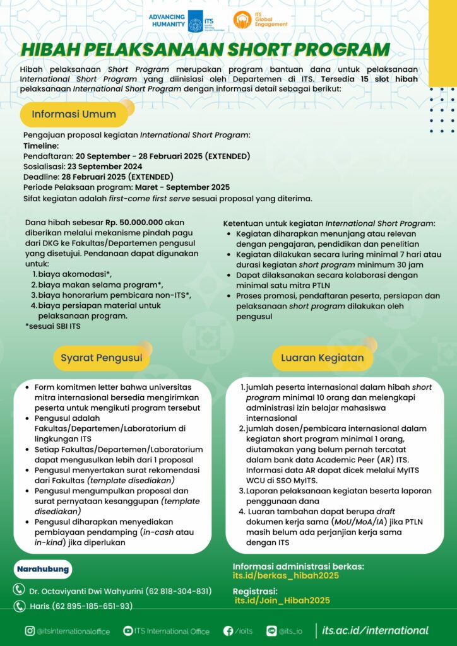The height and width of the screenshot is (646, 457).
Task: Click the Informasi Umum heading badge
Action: tap(74, 115)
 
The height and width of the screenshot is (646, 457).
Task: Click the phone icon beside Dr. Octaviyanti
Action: tap(20, 590)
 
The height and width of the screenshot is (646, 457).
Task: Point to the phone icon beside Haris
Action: tap(20, 606)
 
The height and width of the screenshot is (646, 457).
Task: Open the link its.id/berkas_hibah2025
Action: tap(286, 575)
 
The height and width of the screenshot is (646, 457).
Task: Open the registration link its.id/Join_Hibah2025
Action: tap(282, 601)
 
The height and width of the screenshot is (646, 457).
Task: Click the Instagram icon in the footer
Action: tap(30, 631)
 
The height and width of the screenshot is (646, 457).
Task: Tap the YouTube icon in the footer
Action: tap(128, 631)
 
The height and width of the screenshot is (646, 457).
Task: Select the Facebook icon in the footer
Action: tap(228, 631)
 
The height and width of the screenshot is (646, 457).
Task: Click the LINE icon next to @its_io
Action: tap(272, 631)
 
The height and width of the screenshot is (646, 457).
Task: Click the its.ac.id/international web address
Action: tap(375, 630)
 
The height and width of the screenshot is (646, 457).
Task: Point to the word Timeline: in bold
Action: tap(40, 145)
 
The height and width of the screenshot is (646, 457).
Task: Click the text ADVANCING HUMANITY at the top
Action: tap(168, 21)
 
